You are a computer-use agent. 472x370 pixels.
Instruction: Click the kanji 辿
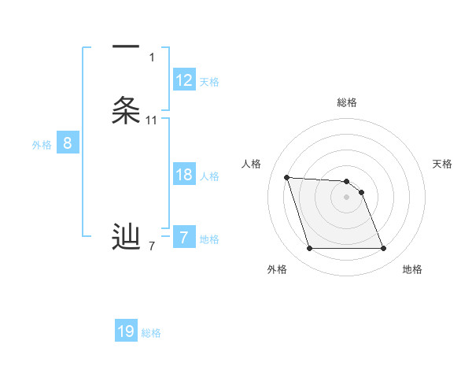coord(126,235)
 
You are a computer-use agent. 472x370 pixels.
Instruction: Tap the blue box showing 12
coord(184,80)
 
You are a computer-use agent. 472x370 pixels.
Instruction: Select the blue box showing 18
coord(184,175)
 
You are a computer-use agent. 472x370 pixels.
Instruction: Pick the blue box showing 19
coord(126,331)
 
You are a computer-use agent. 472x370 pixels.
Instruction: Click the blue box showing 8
coord(68,143)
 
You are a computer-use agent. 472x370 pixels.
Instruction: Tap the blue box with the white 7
coord(184,238)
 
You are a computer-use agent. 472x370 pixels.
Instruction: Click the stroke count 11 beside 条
coord(152,120)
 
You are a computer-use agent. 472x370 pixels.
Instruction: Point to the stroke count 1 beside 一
coord(152,57)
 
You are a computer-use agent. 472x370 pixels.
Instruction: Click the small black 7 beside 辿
coord(152,246)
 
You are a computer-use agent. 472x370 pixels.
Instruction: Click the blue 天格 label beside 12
coord(209,82)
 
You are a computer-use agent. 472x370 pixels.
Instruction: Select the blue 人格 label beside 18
coord(209,176)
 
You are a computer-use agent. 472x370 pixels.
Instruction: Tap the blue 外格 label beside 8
coord(42,145)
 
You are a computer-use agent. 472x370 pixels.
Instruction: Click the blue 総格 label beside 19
coord(151,333)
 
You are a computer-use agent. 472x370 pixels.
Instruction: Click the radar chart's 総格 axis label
coord(347,102)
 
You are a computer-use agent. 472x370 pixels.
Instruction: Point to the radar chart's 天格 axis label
coord(442,164)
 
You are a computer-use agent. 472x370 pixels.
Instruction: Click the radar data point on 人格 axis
coord(286,177)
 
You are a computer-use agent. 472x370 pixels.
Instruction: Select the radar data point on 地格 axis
coord(383,249)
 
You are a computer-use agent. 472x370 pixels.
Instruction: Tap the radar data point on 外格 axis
coord(309,249)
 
